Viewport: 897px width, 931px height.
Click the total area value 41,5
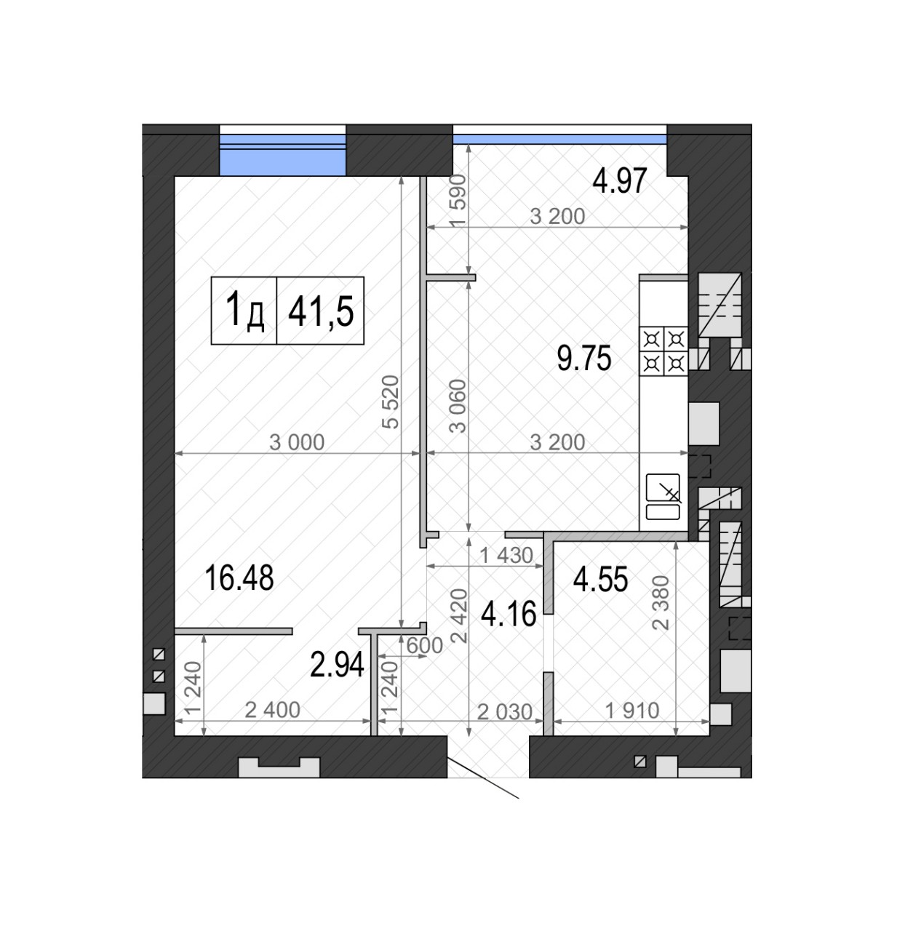(321, 311)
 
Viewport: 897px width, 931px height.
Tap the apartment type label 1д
(244, 311)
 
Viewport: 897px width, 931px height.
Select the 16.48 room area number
(239, 578)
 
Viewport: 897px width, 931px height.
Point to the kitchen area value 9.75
(584, 359)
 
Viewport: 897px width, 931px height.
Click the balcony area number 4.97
(620, 180)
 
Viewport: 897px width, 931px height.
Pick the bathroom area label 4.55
(600, 580)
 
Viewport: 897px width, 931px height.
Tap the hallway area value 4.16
(509, 615)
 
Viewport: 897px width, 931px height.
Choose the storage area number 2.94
(338, 665)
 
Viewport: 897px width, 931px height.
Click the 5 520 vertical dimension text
(391, 402)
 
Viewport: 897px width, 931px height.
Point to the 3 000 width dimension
(297, 442)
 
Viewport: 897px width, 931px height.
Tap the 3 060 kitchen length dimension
(458, 406)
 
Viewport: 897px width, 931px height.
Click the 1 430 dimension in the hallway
(506, 556)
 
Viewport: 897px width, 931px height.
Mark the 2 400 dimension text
(273, 710)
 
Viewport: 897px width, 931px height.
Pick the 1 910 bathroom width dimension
(632, 711)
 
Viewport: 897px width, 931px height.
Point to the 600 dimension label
(424, 646)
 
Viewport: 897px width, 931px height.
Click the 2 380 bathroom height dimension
(661, 603)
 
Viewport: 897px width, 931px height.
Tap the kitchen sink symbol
(663, 497)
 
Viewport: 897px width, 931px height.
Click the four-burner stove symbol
(663, 351)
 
